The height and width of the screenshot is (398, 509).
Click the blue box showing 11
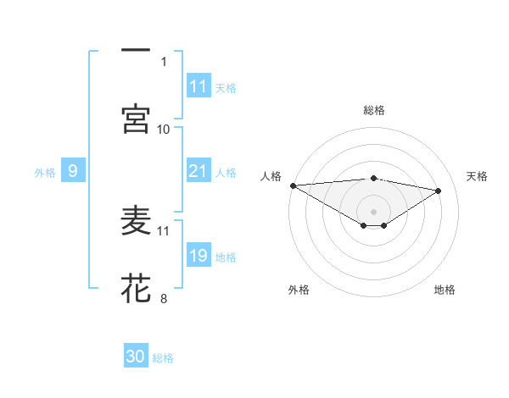point(199,86)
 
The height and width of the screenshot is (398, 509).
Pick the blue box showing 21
point(199,172)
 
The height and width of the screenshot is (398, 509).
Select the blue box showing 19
point(199,257)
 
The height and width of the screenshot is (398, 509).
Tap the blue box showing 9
point(73,172)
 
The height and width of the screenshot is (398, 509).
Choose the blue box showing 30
point(136,357)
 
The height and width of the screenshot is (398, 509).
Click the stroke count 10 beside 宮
point(164,129)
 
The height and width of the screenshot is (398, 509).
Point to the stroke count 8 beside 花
point(164,298)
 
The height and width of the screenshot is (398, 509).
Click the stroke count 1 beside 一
point(164,61)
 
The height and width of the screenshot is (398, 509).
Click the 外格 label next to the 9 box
point(45,173)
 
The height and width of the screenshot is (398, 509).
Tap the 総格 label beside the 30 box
point(163,358)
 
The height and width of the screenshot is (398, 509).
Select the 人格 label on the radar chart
point(271,176)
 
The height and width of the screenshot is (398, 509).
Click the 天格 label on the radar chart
point(478,176)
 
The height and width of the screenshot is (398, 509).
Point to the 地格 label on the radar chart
point(445,290)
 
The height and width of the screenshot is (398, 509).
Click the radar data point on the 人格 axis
point(293,185)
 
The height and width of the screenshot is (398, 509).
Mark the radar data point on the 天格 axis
point(439,191)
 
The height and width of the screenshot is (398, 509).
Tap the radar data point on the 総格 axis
point(373,178)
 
